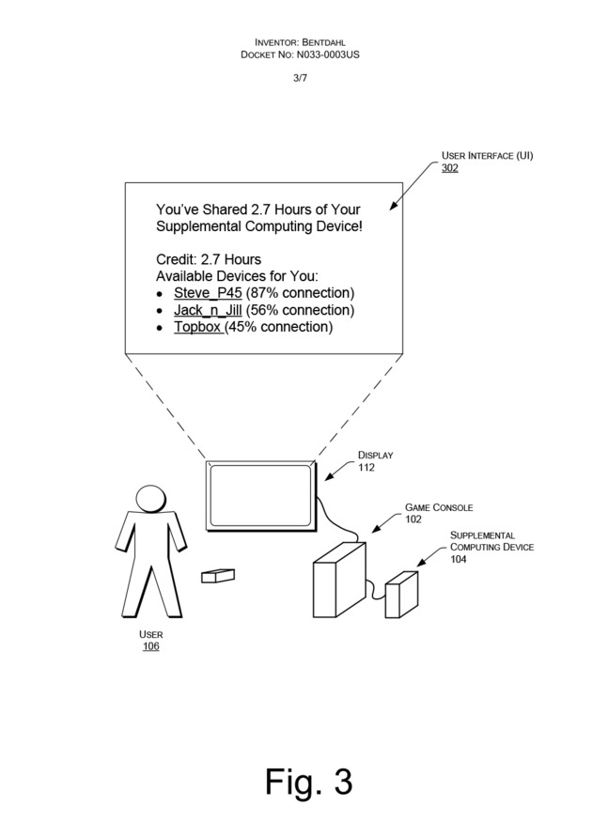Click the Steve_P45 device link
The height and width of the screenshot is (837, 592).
(208, 293)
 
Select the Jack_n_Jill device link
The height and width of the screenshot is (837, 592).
(208, 310)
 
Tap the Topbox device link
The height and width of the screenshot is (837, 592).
(197, 327)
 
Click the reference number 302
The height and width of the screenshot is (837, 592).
(450, 167)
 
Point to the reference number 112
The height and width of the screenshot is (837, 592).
(366, 467)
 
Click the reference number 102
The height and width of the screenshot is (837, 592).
(413, 519)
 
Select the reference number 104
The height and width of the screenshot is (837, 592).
(459, 559)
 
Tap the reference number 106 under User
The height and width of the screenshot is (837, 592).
(150, 646)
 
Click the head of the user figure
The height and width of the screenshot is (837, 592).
(149, 497)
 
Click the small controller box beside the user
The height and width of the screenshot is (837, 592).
(218, 575)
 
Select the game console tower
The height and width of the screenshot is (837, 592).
(338, 579)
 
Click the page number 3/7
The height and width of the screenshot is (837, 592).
(300, 78)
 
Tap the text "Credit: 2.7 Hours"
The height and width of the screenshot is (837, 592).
(209, 259)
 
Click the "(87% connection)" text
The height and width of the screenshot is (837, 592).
(300, 293)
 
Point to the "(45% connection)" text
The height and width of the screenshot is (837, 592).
(278, 327)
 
